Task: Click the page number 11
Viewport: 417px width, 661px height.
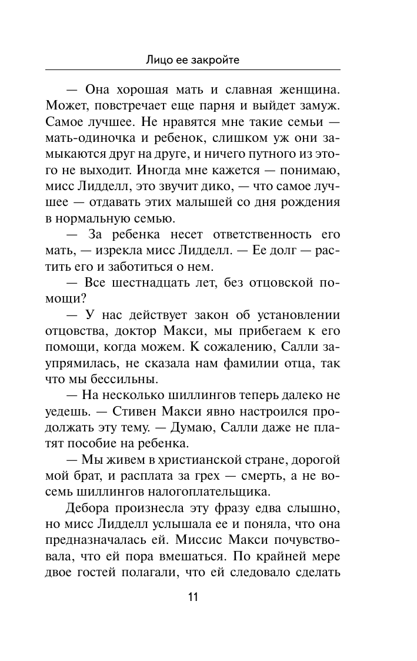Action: click(x=192, y=597)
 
